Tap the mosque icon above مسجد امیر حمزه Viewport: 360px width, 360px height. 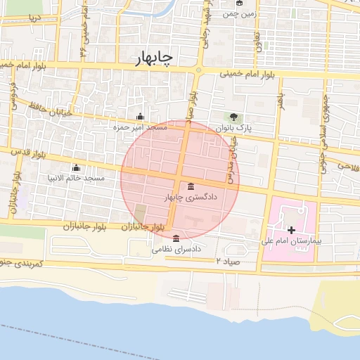[140, 117]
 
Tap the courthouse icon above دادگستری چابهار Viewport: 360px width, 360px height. [192, 186]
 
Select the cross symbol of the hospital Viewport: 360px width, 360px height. [292, 230]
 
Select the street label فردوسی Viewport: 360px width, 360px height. [12, 96]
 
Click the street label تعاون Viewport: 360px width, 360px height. [257, 37]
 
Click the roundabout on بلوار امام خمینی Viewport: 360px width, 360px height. [199, 70]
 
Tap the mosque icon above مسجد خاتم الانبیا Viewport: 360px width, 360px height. [76, 168]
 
